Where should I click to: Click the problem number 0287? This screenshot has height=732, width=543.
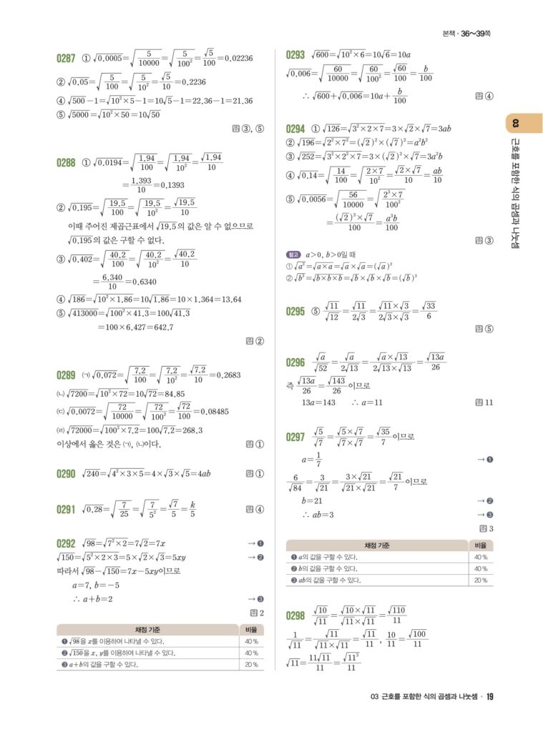coord(66,58)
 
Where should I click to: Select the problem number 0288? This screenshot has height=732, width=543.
coord(66,162)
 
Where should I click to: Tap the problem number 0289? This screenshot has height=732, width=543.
coord(66,375)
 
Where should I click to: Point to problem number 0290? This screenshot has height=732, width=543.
coord(66,473)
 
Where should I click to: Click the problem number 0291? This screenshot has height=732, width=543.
coord(66,509)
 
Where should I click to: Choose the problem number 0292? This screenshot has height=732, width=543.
coord(66,543)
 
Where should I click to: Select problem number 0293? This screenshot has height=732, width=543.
coord(295,54)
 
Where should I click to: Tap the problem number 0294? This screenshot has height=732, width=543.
coord(295,129)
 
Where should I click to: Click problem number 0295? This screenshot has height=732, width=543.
coord(295,311)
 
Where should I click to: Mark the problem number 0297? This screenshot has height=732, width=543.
coord(295,437)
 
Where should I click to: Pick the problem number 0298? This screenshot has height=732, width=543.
coord(295,615)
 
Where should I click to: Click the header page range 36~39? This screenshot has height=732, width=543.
coord(471,33)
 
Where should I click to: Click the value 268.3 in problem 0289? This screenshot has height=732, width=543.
coord(188,430)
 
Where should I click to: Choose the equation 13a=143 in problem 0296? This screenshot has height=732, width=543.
coord(318,402)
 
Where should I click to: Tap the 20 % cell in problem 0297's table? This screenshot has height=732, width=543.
coord(480,580)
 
